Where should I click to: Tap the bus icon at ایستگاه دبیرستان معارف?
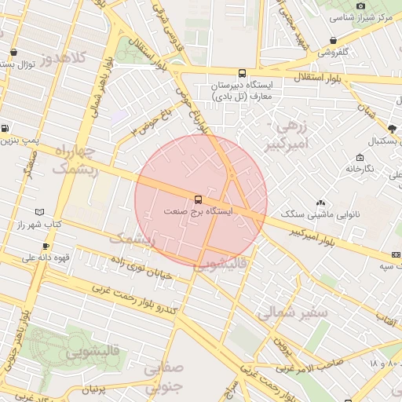point(241,73)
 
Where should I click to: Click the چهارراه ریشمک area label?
point(75,159)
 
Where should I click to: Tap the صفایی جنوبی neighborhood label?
point(163,376)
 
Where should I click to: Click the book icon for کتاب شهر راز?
point(40,212)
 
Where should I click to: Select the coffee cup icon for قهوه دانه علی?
point(46,246)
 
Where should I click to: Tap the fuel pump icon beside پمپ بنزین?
point(5,128)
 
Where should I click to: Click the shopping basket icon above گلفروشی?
point(334,40)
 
